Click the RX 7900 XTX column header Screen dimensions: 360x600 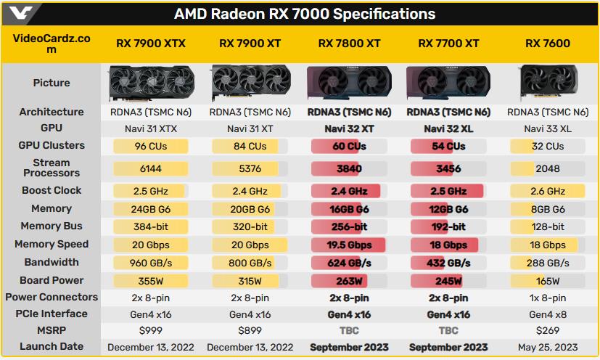151,44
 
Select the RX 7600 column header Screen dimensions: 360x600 548,44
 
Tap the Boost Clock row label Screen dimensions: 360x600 52,191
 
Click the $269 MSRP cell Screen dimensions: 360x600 548,330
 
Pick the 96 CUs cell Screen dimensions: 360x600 150,146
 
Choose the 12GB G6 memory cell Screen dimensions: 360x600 448,209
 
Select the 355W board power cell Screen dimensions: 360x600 150,281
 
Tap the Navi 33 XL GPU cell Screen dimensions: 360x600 548,128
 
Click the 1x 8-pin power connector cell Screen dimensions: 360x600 548,298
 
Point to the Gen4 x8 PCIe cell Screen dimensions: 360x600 548,314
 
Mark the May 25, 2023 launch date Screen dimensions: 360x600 548,347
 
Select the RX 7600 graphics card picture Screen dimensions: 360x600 548,83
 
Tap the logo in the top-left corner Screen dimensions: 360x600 17,14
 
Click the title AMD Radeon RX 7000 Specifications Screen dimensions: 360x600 305,14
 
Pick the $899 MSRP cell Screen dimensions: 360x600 250,330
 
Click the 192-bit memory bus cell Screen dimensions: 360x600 448,226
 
